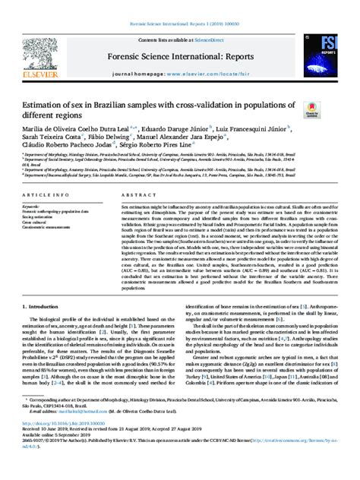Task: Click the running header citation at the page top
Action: click(x=180, y=5)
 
